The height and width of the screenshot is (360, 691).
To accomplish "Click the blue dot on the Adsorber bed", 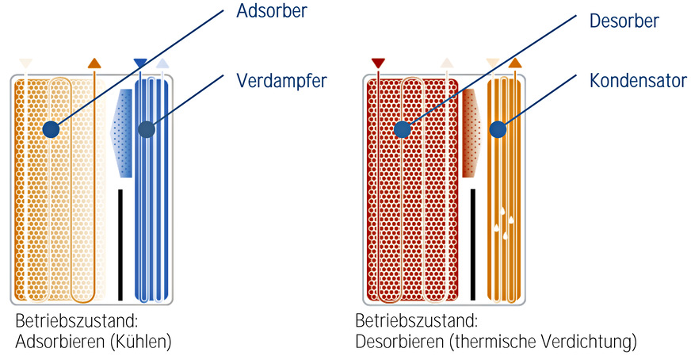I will [52, 128].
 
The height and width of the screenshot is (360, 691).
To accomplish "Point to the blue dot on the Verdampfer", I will [146, 129].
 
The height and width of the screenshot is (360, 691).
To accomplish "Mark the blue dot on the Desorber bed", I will [403, 128].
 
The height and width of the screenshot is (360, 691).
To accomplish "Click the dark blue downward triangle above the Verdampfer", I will [140, 63].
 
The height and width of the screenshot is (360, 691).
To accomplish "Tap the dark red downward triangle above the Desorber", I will [378, 63].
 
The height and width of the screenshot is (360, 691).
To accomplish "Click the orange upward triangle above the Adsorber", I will [94, 63].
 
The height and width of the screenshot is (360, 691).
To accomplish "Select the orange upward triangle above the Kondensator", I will [515, 63].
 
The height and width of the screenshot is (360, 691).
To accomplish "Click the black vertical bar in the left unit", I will [120, 244].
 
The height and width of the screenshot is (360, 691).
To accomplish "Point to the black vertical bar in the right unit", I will [472, 244].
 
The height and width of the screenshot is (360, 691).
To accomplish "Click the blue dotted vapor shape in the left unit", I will [122, 132].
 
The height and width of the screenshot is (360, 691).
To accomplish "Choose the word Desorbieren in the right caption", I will [394, 343].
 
